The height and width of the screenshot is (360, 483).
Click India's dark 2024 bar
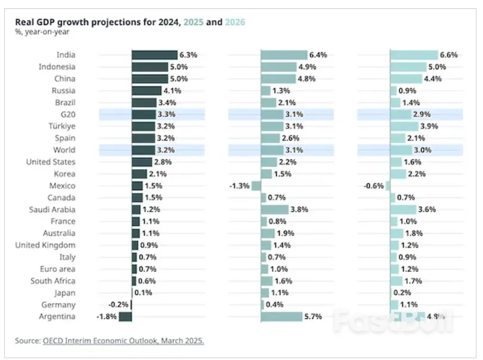[154, 55]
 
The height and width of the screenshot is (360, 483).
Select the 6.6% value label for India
[448, 55]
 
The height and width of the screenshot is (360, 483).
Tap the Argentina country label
[57, 316]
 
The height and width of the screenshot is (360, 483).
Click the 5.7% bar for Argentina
[281, 316]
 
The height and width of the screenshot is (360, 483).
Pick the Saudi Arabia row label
[52, 209]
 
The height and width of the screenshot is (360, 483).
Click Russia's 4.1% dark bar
[147, 91]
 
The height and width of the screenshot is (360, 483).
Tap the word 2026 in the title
[234, 22]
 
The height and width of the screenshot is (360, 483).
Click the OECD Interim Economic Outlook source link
[123, 341]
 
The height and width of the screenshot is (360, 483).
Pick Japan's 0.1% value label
[143, 293]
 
